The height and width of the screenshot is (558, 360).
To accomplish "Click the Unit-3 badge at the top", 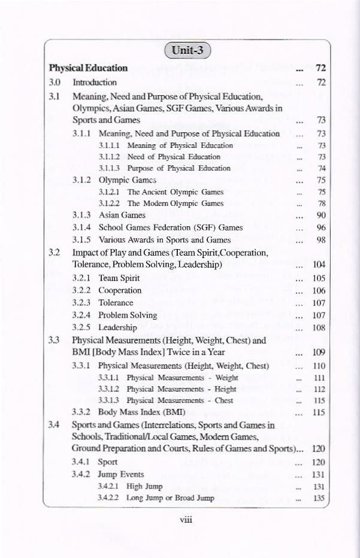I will click(x=187, y=50).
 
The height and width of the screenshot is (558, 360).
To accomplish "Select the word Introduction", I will click(x=95, y=82).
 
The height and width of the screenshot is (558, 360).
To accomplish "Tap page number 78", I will click(x=320, y=204).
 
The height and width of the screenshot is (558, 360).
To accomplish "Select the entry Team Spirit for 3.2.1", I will click(x=119, y=278).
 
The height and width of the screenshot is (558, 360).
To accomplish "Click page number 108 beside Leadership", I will click(x=319, y=327).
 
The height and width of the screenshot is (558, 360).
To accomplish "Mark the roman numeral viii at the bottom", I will click(x=186, y=520).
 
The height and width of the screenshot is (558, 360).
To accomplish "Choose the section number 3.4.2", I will click(x=81, y=474).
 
